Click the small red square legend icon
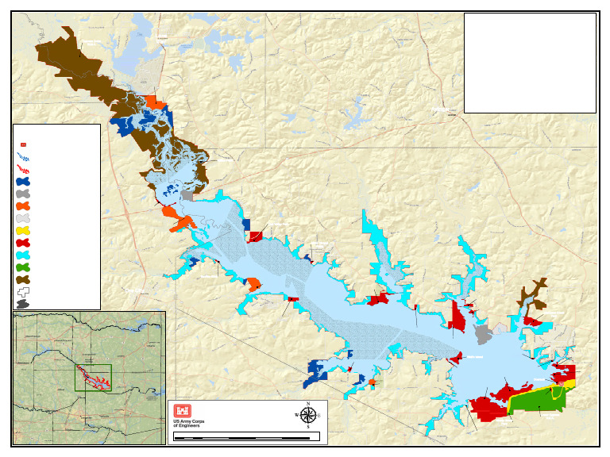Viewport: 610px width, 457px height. pos(23,144)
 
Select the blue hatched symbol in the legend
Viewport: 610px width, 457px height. pos(23,157)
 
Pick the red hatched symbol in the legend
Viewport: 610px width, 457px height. pos(23,169)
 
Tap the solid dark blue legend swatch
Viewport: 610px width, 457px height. pos(23,182)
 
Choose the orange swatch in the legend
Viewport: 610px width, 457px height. pos(23,206)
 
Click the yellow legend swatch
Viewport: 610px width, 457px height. pos(23,231)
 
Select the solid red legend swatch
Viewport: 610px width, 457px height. pos(23,243)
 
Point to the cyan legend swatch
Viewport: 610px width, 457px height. pos(23,255)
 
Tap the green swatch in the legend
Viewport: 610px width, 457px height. pos(23,267)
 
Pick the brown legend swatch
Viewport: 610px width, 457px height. pos(23,279)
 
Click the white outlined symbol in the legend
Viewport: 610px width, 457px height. pos(23,292)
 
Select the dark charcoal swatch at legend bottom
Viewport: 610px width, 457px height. pos(23,304)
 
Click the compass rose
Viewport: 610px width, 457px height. pos(308,415)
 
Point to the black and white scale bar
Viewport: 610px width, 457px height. pos(246,436)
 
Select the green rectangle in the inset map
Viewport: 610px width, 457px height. pos(93,378)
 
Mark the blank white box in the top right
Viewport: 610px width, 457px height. pos(530,63)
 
